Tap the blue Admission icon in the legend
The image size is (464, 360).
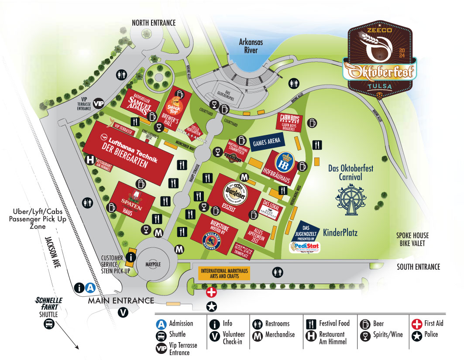[162, 324]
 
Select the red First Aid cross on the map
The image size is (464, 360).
[211, 292]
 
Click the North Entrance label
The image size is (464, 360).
[154, 23]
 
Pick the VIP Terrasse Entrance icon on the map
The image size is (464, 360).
[100, 103]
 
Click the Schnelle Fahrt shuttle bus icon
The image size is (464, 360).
[47, 324]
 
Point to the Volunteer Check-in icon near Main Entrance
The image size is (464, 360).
[123, 312]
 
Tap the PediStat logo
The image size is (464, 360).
[304, 247]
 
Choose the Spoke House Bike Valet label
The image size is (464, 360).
[416, 239]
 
